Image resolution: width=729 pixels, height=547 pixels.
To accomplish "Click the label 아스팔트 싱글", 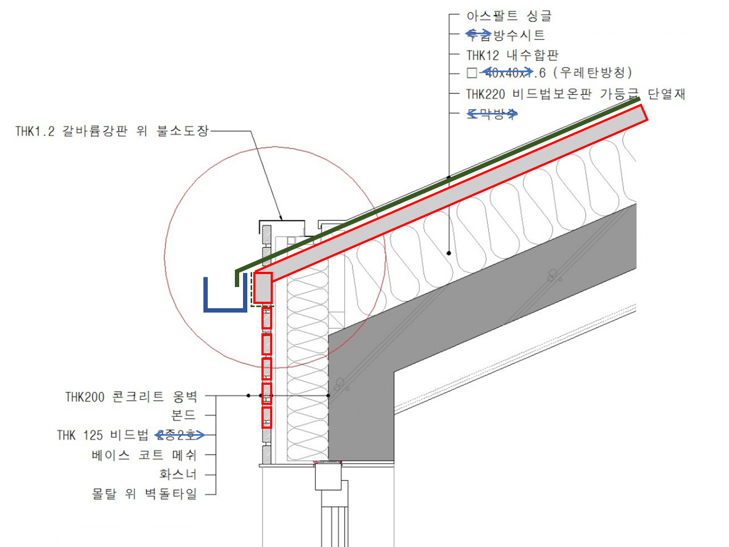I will tap(508, 16).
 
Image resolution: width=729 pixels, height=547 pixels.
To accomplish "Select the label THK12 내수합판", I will tap(512, 55).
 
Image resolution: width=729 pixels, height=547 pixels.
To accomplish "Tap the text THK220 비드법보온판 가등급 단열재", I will tap(575, 94).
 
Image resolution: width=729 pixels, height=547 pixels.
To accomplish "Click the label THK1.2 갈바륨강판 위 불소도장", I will tap(112, 131).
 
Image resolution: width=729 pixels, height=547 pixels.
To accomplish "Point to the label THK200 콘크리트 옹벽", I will tap(131, 397).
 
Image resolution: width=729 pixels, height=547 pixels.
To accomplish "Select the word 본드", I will tap(183, 416).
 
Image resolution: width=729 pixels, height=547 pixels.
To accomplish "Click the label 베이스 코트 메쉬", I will tap(144, 455).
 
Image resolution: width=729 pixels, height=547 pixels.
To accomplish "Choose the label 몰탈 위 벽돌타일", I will tap(144, 494).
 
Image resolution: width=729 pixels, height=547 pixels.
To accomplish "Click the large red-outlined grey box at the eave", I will tap(263, 288).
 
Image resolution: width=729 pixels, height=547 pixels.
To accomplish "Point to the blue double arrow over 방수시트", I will tap(478, 34).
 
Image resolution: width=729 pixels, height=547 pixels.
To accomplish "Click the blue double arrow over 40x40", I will tap(508, 72).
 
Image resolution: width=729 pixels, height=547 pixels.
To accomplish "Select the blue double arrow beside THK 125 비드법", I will tap(180, 435).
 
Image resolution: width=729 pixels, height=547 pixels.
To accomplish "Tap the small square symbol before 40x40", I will tap(471, 73).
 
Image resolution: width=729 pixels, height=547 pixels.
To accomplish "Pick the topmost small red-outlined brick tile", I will tap(266, 319).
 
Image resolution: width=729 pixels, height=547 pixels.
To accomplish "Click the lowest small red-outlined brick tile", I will tap(266, 418).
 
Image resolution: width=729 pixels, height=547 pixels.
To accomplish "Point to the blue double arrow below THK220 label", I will tap(493, 113).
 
